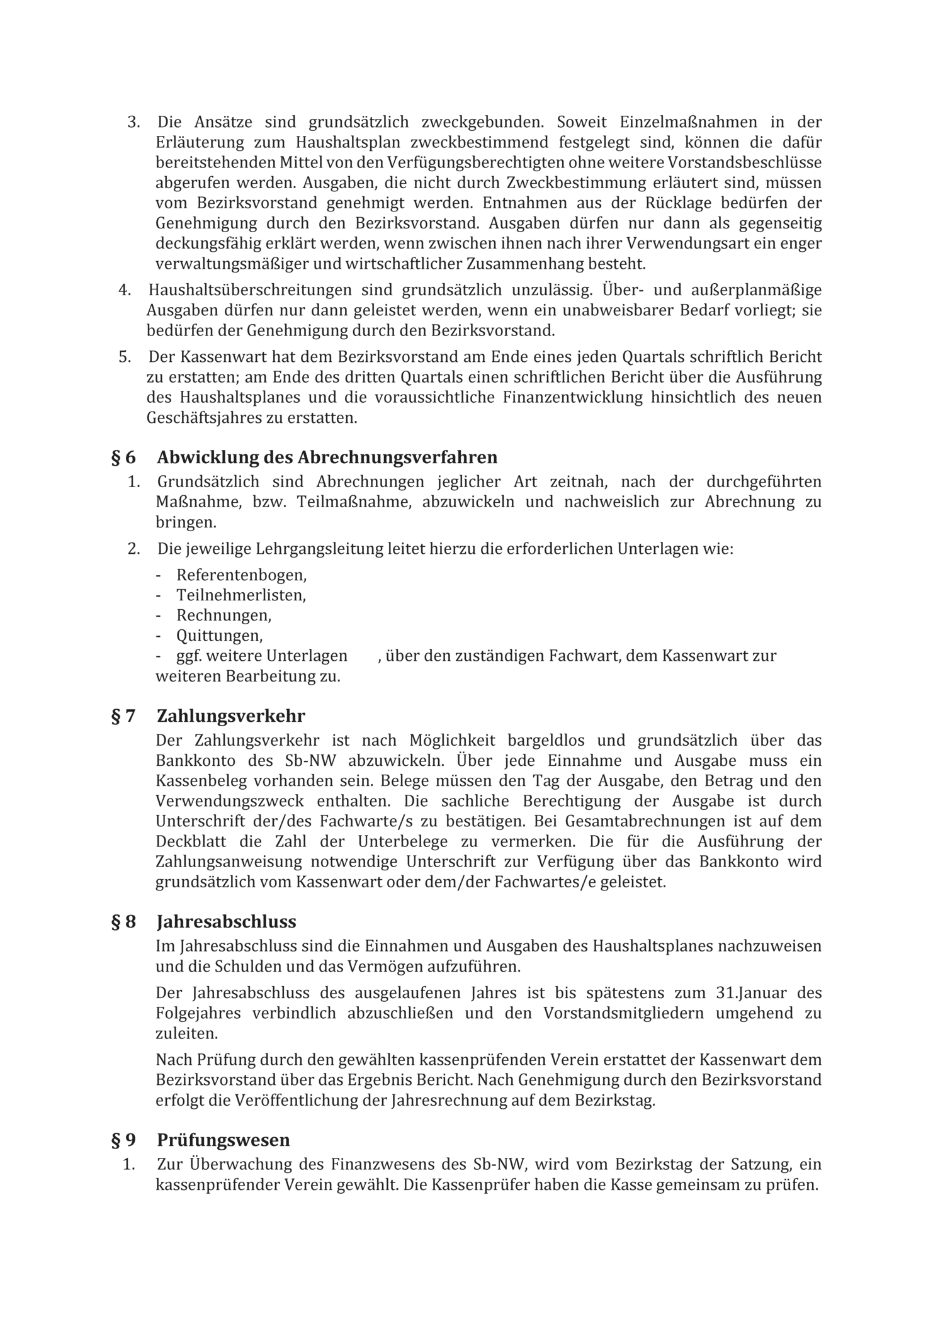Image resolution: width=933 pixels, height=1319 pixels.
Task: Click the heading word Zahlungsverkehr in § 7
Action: point(231,716)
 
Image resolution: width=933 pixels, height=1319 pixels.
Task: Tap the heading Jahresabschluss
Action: point(227,922)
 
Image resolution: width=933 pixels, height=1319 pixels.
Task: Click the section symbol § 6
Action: point(123,457)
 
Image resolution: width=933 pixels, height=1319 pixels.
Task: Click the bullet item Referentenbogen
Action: point(242,575)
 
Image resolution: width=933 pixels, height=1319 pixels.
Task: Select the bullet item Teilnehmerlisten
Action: point(241,595)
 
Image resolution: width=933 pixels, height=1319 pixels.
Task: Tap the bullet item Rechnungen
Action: point(224,615)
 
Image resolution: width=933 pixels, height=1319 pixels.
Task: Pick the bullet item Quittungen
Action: point(220,636)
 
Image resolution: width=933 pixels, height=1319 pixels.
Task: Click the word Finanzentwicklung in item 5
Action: point(573,398)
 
